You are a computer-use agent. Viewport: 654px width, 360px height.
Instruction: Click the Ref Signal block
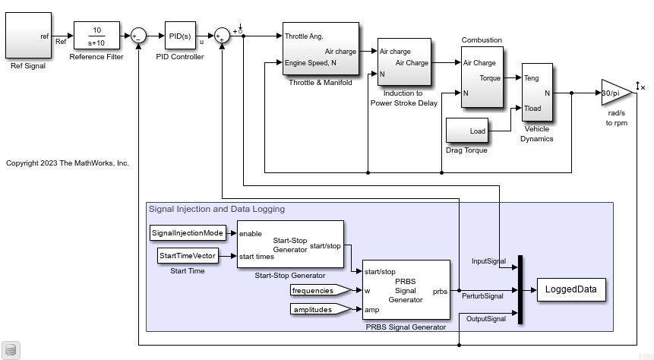click(x=28, y=35)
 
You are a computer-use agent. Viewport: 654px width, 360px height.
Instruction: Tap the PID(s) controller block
click(x=180, y=35)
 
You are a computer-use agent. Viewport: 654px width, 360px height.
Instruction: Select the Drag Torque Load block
click(x=466, y=131)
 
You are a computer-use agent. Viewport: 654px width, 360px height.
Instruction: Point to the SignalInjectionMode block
click(x=187, y=232)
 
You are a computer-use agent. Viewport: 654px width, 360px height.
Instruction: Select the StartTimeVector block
click(x=188, y=256)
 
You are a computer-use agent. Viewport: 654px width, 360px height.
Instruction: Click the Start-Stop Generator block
click(x=289, y=244)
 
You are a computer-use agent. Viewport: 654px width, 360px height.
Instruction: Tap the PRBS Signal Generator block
click(x=406, y=290)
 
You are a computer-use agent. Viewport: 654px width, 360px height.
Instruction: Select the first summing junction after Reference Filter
click(x=138, y=35)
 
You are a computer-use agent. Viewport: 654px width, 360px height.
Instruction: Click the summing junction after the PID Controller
click(x=221, y=35)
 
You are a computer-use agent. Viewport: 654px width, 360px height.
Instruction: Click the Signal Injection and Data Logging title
click(x=216, y=209)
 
